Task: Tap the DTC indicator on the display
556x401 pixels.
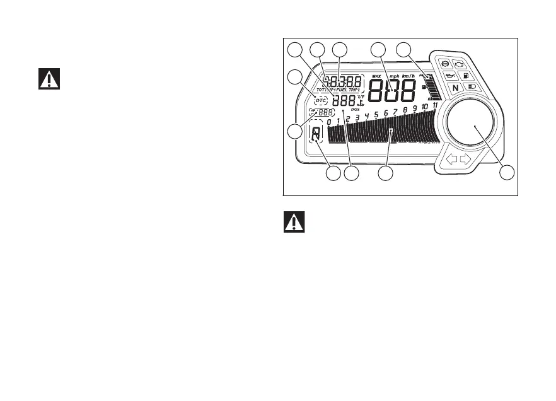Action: [x=321, y=100]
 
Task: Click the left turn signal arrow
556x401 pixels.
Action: [x=451, y=160]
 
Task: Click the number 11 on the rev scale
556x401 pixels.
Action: [x=435, y=105]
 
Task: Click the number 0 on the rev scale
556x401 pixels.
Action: [x=329, y=122]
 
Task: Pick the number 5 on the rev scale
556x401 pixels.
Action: [x=376, y=114]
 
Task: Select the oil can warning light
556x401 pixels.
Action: [x=450, y=76]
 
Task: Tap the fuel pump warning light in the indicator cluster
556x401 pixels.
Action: [x=466, y=76]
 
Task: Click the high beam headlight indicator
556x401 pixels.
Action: [x=471, y=88]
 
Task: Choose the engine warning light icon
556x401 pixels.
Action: [x=460, y=64]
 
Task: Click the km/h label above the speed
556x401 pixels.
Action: [x=410, y=76]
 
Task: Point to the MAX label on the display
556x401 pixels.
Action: [x=376, y=76]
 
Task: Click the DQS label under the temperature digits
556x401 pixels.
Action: [x=356, y=109]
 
